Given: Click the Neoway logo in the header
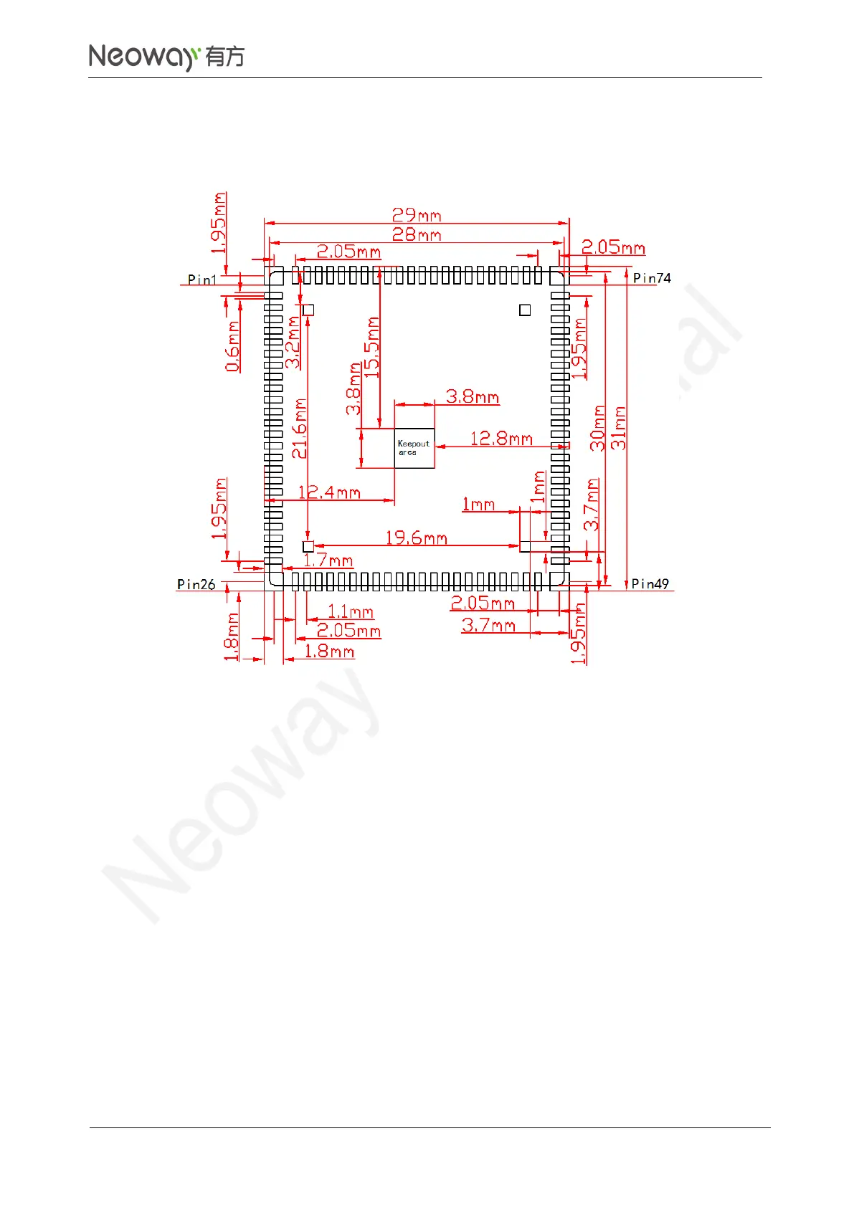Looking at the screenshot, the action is tap(166, 57).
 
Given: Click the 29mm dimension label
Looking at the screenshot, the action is tap(416, 215).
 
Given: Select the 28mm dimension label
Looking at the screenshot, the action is tap(416, 234).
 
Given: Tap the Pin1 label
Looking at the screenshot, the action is tap(201, 280).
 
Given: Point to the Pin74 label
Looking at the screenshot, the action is tap(652, 278).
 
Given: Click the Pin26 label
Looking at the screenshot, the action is tap(196, 584).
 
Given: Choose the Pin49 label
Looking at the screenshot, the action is tap(650, 584).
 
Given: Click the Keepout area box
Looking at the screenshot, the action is tap(414, 449).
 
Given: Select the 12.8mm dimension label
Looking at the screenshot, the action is tap(501, 438).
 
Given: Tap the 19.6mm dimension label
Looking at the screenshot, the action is tap(416, 538).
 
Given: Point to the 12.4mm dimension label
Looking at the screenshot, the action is tap(329, 492).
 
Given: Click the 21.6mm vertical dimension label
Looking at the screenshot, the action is tap(299, 429).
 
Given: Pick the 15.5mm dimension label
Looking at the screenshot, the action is tap(371, 348).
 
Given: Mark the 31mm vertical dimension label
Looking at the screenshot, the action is tap(619, 428).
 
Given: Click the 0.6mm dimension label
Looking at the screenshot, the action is tap(232, 347).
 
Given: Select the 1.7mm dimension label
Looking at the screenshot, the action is tap(328, 560).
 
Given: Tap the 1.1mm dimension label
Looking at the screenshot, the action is tap(351, 611).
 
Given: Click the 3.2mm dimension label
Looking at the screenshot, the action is tap(293, 343).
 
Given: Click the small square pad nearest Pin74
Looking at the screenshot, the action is tap(525, 310).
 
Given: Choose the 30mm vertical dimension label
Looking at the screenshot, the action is tap(598, 428).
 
